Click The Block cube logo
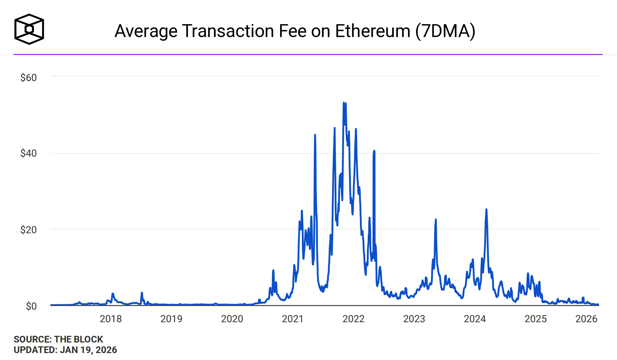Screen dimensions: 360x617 coord(29,29)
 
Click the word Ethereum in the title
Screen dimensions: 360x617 coord(372,31)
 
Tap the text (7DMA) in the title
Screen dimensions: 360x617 coord(445,31)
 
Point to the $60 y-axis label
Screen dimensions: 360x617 coord(29,78)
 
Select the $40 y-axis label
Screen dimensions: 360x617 coord(29,153)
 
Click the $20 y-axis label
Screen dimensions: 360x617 coord(29,230)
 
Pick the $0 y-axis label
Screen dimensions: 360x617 coord(31,306)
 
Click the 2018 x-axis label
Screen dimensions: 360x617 coord(110,319)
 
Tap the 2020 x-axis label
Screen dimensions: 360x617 coord(232,319)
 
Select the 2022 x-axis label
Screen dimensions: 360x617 coord(353,319)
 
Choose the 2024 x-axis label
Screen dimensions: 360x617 coord(475,319)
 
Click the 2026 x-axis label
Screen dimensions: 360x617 coord(586,319)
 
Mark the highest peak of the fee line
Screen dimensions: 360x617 coord(344,103)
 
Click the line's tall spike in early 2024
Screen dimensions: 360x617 coord(486,210)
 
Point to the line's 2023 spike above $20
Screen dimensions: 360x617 coord(436,220)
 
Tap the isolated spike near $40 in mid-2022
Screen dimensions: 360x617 coord(374,151)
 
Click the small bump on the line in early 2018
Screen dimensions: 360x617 coord(113,294)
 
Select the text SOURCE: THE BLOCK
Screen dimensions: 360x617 coord(58,339)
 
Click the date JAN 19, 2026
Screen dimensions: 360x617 coord(88,350)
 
